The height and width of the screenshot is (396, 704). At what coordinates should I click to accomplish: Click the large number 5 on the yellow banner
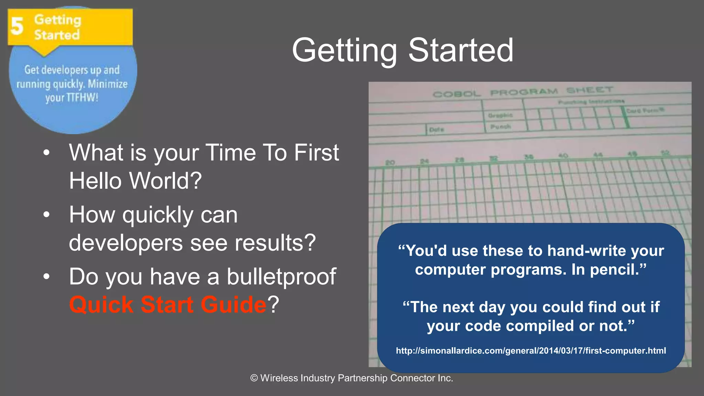coord(17,26)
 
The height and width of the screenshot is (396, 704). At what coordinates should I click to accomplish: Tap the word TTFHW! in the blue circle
coord(82,98)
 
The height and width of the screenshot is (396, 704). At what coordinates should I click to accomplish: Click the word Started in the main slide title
coord(461,50)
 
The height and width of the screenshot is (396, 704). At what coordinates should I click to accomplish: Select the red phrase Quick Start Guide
coord(167,305)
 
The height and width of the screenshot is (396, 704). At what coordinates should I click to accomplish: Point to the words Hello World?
coord(135,181)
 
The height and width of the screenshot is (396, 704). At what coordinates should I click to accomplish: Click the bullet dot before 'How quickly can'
coord(47,215)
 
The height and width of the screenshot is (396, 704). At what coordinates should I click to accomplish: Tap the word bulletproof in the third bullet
coord(281,276)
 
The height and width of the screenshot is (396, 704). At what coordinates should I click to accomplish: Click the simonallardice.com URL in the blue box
coord(531,351)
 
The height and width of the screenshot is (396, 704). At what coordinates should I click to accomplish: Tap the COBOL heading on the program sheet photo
coord(456,94)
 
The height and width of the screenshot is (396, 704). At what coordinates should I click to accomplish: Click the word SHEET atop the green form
coord(589,90)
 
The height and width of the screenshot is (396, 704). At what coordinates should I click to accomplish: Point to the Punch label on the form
coord(500,126)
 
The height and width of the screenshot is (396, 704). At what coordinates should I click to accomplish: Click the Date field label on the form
coord(437,130)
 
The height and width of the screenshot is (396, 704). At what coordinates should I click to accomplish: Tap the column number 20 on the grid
coord(389,162)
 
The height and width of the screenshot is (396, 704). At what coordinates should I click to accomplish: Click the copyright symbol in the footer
coord(254,378)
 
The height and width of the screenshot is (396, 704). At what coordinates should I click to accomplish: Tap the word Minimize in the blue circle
coord(108,84)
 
